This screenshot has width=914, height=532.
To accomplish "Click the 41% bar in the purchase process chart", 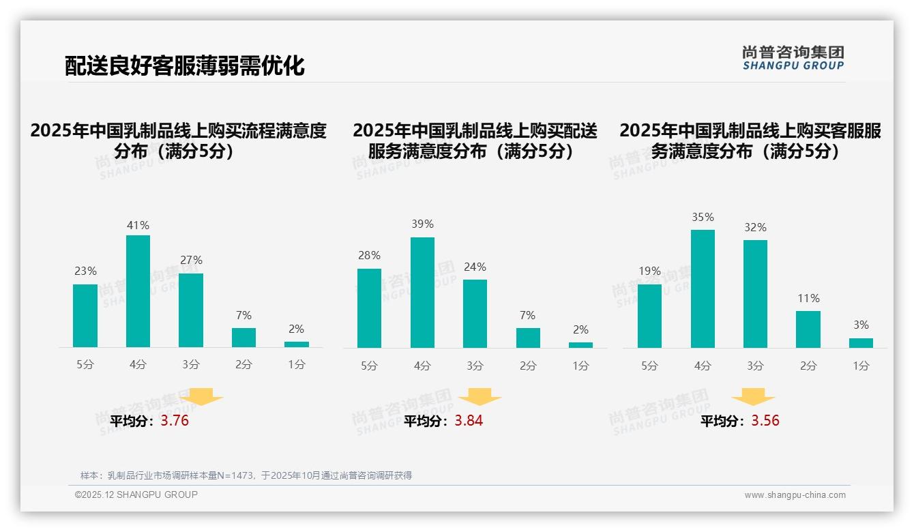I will [x=138, y=291].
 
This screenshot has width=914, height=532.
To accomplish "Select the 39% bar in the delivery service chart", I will [x=422, y=293].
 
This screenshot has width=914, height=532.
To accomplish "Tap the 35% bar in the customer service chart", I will [x=703, y=289].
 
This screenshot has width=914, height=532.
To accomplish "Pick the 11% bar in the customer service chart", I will [x=808, y=329].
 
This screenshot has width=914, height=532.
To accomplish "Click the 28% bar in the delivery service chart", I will [x=369, y=308].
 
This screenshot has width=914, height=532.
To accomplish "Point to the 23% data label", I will [x=85, y=271].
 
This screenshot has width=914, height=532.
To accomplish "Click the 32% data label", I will [x=755, y=228].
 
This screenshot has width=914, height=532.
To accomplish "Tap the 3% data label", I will [x=861, y=325].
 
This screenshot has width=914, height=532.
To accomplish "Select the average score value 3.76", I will [x=175, y=421].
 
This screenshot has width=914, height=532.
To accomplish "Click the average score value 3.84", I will [x=469, y=421].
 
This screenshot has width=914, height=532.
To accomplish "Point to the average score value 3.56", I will [x=765, y=421].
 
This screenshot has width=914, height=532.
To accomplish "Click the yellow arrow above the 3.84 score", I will [x=480, y=398].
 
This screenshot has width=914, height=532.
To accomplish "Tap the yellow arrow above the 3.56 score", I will [x=753, y=398].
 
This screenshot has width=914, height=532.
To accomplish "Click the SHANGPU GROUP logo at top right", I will [x=793, y=58].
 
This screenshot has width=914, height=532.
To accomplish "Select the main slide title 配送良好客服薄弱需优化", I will [x=185, y=65].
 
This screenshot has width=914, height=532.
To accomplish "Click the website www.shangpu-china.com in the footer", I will [x=795, y=495].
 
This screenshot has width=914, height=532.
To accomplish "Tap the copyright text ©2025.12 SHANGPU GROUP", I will [x=136, y=494].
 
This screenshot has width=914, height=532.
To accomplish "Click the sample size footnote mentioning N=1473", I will [x=246, y=475].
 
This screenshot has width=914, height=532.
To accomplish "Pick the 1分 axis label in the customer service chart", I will [x=861, y=366].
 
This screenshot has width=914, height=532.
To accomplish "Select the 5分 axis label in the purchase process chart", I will [x=85, y=365].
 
